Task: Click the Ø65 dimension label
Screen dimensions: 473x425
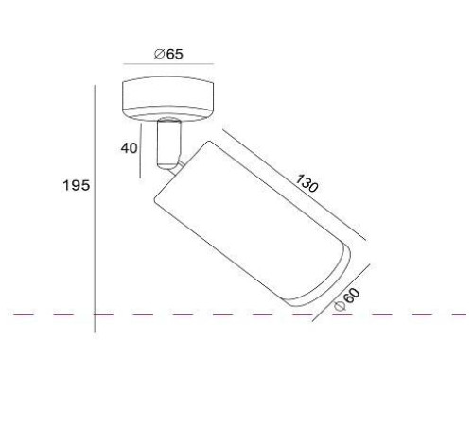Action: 168,54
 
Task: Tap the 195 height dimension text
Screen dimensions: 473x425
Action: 77,185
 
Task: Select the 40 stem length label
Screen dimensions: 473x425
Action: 130,148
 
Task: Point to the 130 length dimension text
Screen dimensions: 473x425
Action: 307,183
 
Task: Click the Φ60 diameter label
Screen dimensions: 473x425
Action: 347,299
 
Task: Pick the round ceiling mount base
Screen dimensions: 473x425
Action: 168,99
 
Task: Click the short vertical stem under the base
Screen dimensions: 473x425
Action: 169,144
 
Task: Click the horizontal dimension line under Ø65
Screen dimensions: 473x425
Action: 168,64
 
